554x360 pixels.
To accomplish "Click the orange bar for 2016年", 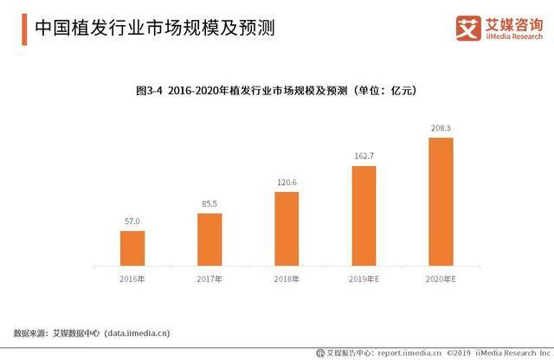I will (x=132, y=247).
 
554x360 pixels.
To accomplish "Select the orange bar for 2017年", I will (x=209, y=239).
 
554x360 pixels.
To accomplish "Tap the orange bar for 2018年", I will (x=287, y=228).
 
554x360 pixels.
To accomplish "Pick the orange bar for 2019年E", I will (x=364, y=215).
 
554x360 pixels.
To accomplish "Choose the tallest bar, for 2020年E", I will (x=441, y=202).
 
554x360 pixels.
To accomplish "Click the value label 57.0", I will (x=132, y=222).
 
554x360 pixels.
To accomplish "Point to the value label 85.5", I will (x=209, y=204).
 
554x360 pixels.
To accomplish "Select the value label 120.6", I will (x=287, y=183).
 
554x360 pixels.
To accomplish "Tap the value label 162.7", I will (x=364, y=157).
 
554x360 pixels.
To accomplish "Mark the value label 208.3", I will (x=441, y=129).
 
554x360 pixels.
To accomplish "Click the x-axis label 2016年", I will (x=132, y=280).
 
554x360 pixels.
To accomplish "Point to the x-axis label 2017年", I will (x=209, y=280).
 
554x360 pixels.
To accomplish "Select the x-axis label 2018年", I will (x=287, y=280).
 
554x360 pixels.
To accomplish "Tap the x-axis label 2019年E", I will (x=364, y=280).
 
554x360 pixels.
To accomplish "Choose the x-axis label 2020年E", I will (x=441, y=280).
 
